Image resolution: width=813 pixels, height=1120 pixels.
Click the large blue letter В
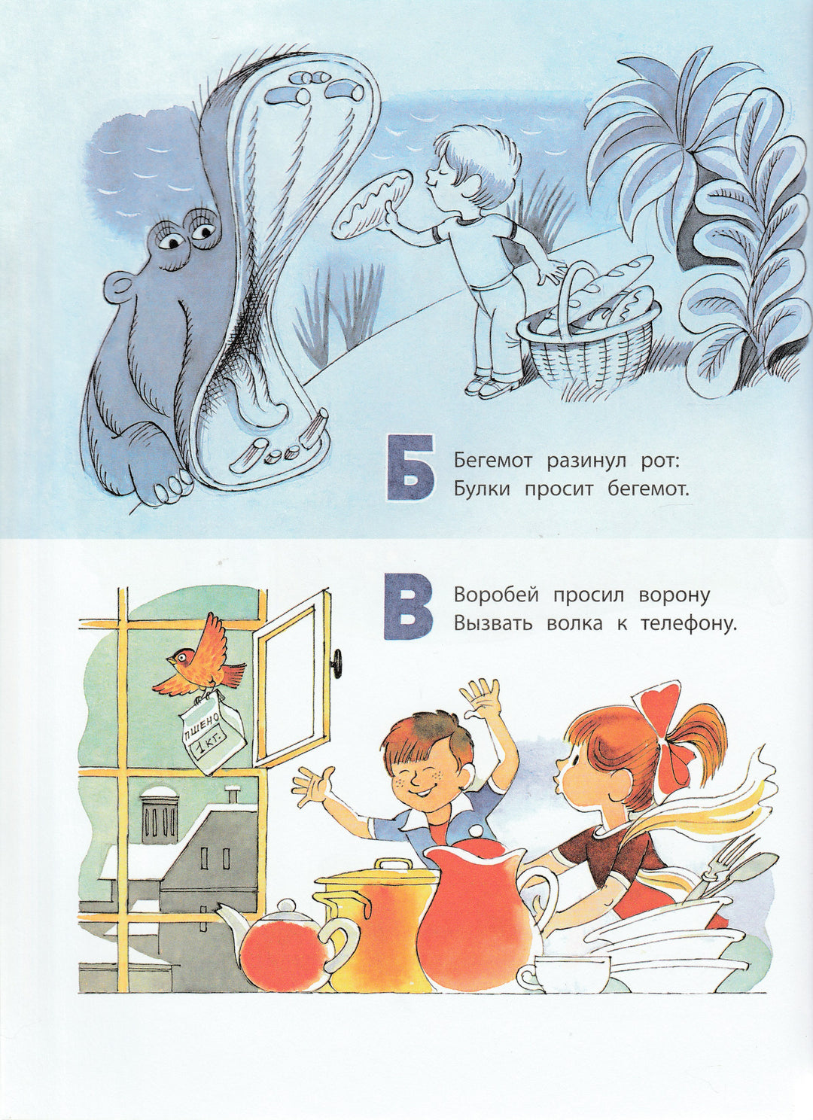pyautogui.click(x=408, y=607)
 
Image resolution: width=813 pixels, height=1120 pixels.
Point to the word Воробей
pyautogui.click(x=497, y=595)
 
